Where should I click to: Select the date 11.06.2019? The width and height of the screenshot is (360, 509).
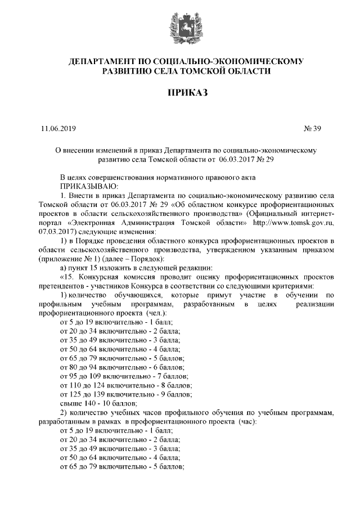58,128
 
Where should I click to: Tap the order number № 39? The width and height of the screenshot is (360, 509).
312,128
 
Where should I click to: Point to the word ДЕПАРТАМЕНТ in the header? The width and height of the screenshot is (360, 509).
101,60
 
